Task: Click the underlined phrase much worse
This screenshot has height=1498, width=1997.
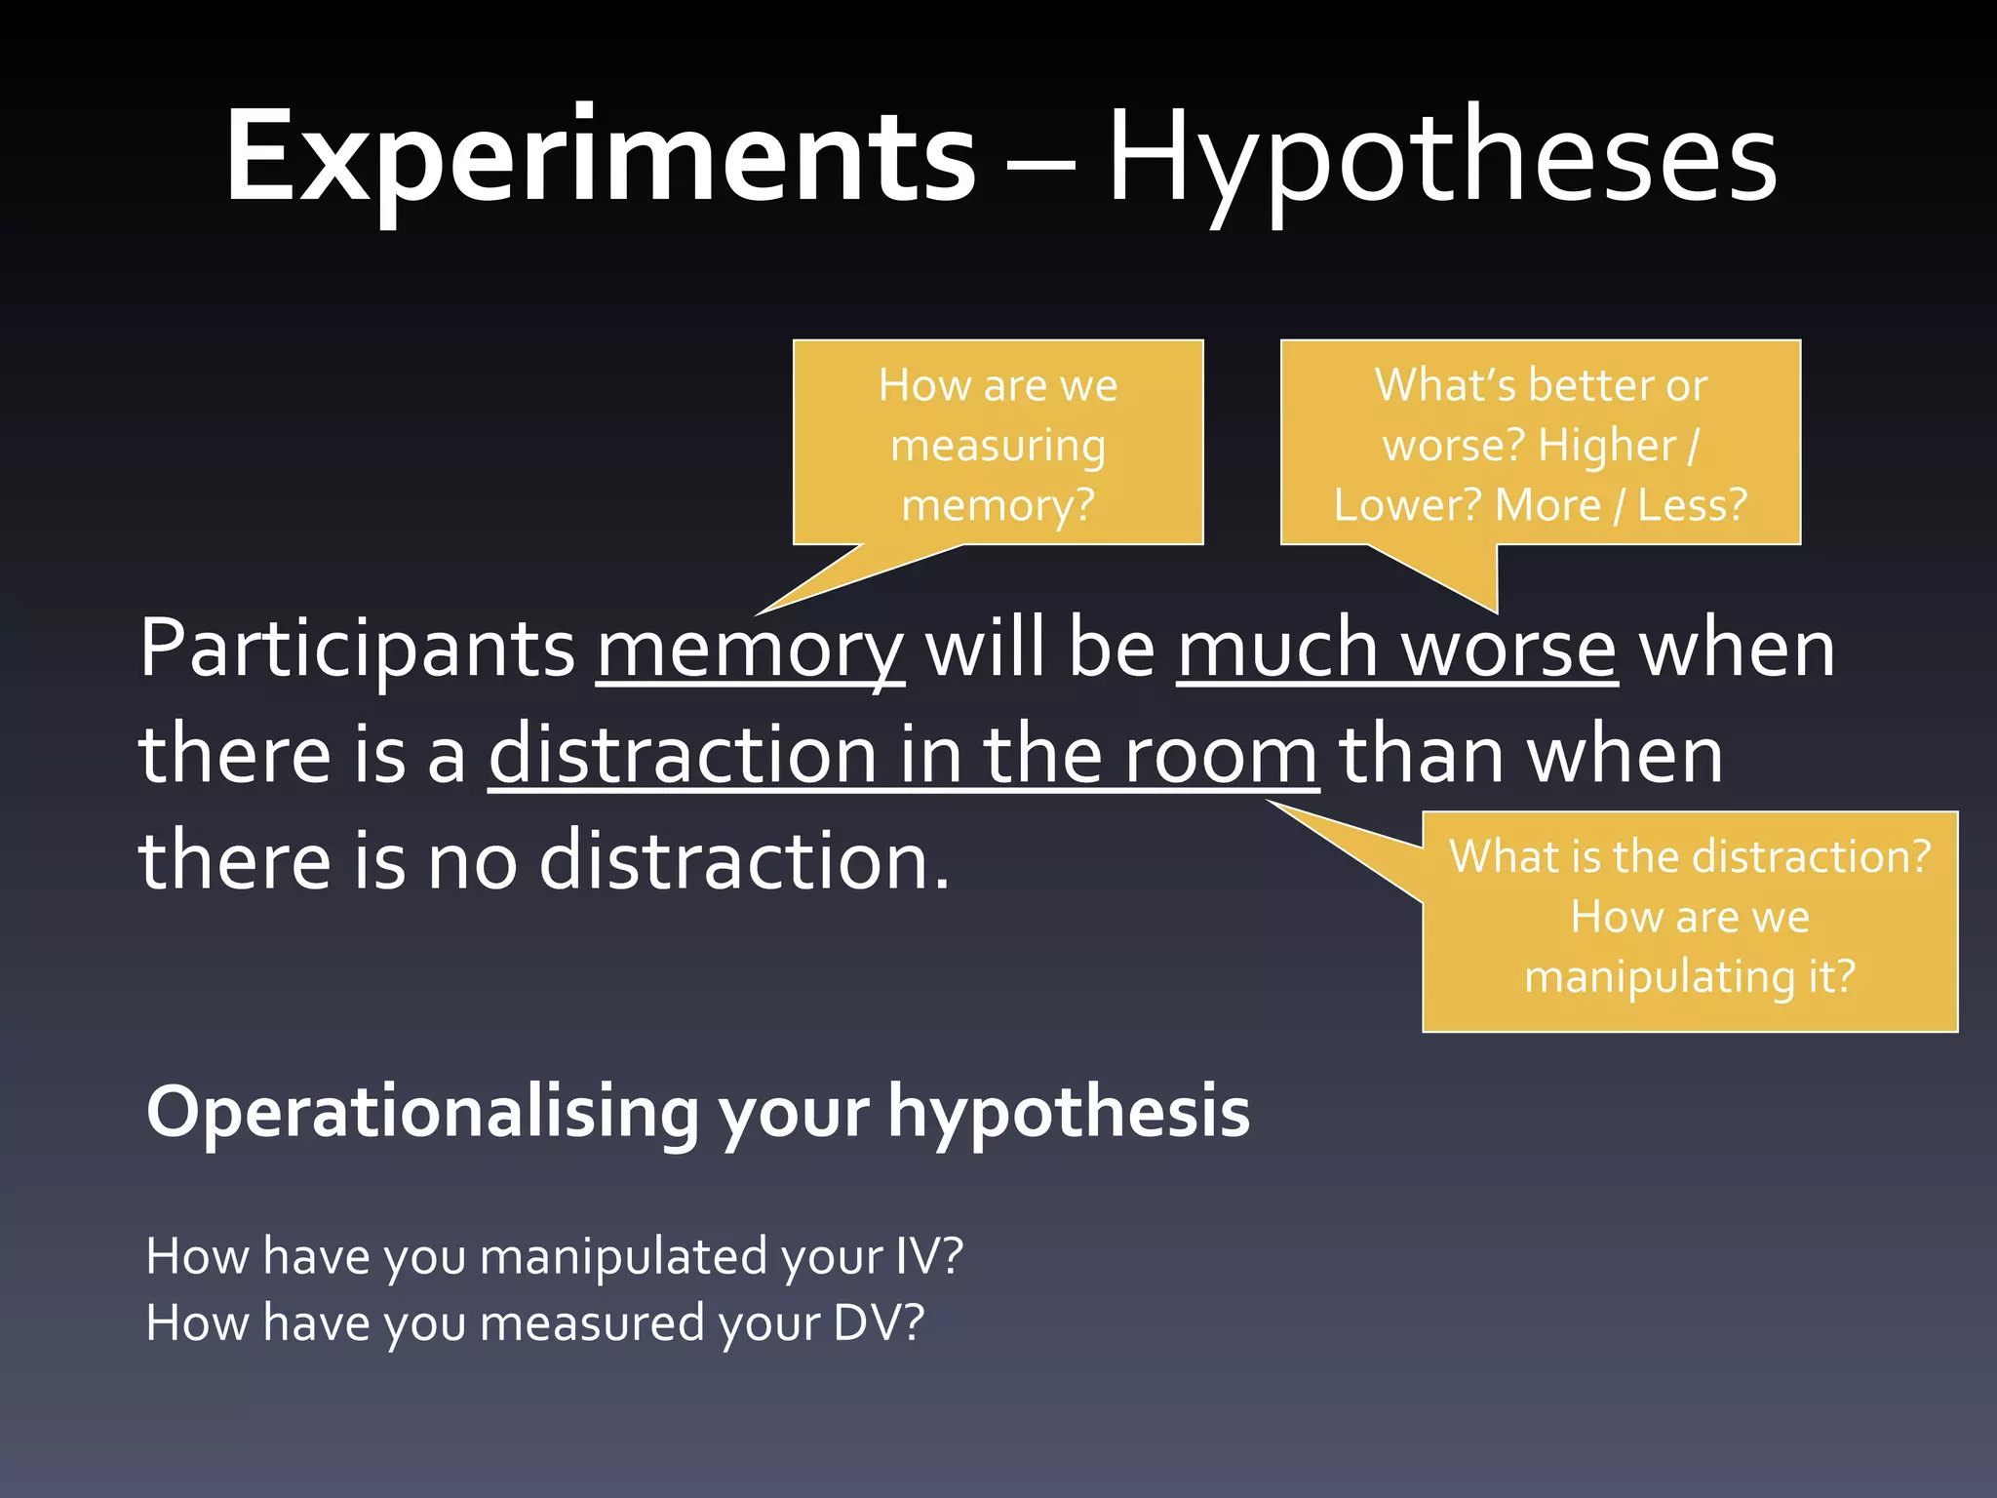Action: point(1396,649)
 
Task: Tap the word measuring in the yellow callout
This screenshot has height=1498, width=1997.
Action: point(998,447)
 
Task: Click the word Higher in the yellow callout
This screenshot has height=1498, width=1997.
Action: point(1607,447)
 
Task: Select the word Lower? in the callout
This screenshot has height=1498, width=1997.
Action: point(1407,505)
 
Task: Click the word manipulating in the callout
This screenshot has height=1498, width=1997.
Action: point(1658,976)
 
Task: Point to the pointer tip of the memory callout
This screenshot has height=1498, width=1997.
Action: point(759,613)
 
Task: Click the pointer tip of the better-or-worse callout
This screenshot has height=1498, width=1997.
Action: point(1496,612)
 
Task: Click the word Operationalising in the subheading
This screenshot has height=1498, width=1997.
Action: point(422,1113)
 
